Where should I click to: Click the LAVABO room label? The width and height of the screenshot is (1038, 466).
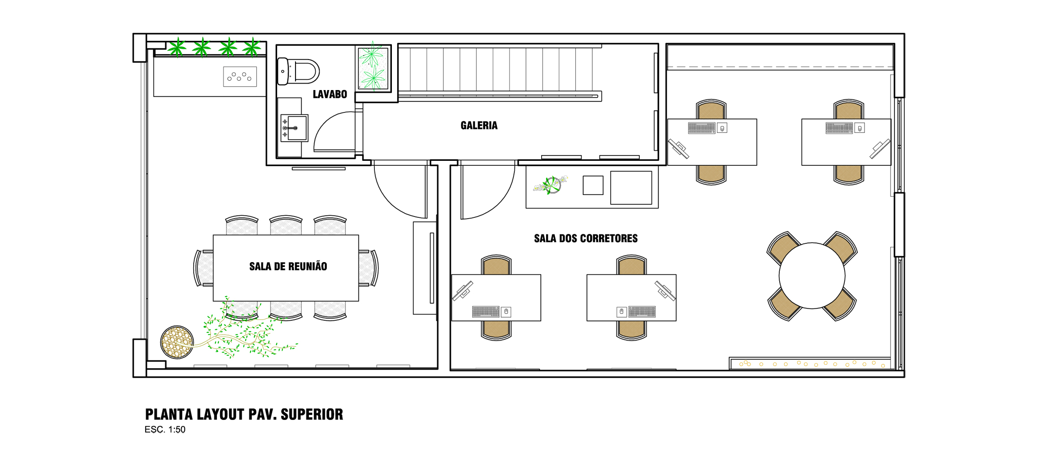(x=330, y=94)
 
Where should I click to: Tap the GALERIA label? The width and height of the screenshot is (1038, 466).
(x=479, y=125)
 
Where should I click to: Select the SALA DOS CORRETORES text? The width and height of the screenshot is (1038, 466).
(x=586, y=238)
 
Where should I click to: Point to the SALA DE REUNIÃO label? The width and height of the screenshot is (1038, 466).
(x=288, y=267)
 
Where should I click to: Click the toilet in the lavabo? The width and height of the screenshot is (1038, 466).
(x=298, y=71)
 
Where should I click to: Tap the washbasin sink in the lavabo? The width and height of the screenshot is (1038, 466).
(x=295, y=128)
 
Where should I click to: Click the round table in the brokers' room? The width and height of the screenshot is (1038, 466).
(x=812, y=276)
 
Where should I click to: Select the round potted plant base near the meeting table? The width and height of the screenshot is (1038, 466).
(x=177, y=342)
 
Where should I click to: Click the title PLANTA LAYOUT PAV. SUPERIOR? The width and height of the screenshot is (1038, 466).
(x=244, y=414)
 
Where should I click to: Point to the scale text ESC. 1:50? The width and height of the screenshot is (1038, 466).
(x=165, y=430)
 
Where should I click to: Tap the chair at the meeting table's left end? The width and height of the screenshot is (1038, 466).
(x=203, y=268)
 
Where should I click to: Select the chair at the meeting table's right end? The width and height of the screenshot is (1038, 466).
(x=369, y=268)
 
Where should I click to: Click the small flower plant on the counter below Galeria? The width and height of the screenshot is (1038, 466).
(x=551, y=185)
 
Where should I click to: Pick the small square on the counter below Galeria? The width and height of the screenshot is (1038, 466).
(x=593, y=185)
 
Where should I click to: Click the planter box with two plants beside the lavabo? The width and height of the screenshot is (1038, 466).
(x=373, y=68)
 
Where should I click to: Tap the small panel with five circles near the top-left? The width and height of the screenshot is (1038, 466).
(x=240, y=77)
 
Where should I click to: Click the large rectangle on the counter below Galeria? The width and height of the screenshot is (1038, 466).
(x=631, y=188)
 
